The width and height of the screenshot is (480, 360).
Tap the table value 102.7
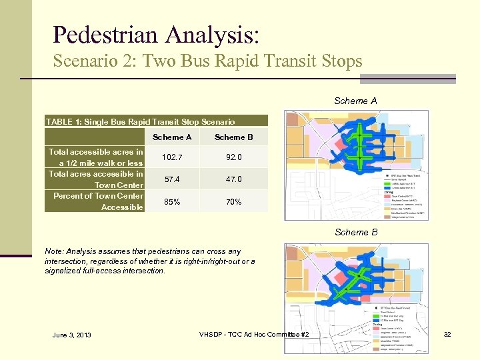(173, 157)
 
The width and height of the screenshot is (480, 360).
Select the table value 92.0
(234, 157)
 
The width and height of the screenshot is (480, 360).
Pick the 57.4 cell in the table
(173, 179)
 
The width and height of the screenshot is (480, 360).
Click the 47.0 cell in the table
(234, 179)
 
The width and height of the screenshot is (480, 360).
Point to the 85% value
(173, 201)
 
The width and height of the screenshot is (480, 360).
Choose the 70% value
(234, 201)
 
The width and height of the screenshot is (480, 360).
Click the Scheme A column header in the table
(173, 137)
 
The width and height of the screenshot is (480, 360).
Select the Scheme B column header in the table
(234, 137)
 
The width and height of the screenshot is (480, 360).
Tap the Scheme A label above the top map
(355, 101)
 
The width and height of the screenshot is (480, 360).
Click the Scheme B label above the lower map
(355, 232)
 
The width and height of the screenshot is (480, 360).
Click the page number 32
(448, 334)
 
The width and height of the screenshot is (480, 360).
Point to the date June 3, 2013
(71, 335)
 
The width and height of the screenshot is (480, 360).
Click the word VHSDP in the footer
(213, 333)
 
